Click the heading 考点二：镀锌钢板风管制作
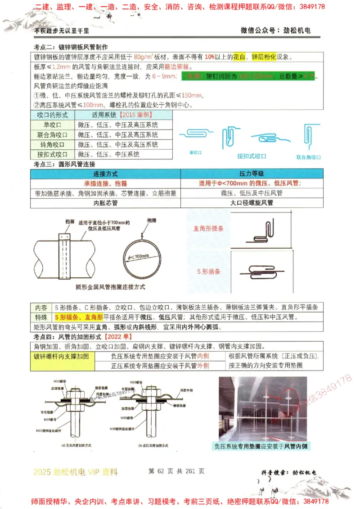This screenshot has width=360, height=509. click(71, 47)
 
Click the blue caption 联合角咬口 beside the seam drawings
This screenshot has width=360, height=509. click(308, 157)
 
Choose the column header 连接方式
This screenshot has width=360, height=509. click(106, 174)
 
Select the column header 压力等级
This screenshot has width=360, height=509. click(251, 174)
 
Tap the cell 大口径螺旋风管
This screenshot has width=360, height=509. click(251, 203)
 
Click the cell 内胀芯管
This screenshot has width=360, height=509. click(106, 203)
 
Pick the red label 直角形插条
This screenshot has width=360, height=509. click(208, 228)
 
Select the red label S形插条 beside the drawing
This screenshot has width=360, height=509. click(209, 272)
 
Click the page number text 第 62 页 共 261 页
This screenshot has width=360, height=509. click(176, 471)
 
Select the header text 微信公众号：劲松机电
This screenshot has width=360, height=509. click(275, 31)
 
